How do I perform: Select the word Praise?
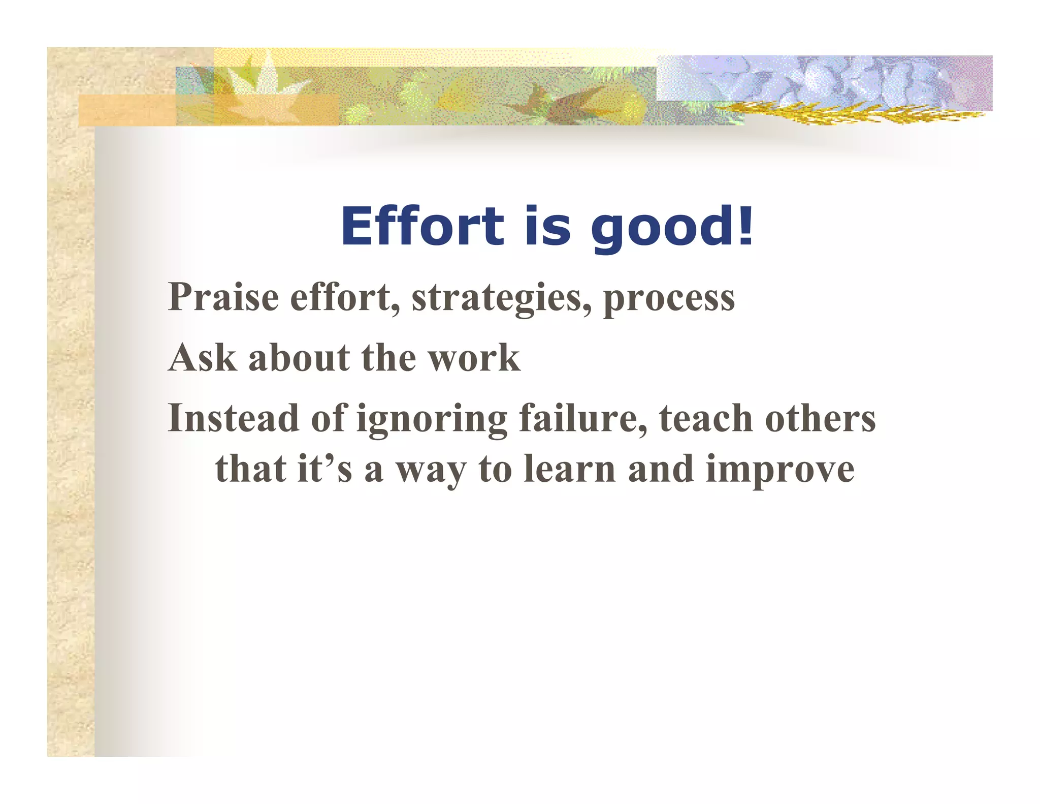(x=223, y=297)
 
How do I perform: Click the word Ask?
(x=202, y=358)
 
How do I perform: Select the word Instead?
(x=233, y=418)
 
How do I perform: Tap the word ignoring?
(x=432, y=420)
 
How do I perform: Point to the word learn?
(x=569, y=468)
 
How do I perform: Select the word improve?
(x=780, y=470)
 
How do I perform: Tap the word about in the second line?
(x=299, y=358)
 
